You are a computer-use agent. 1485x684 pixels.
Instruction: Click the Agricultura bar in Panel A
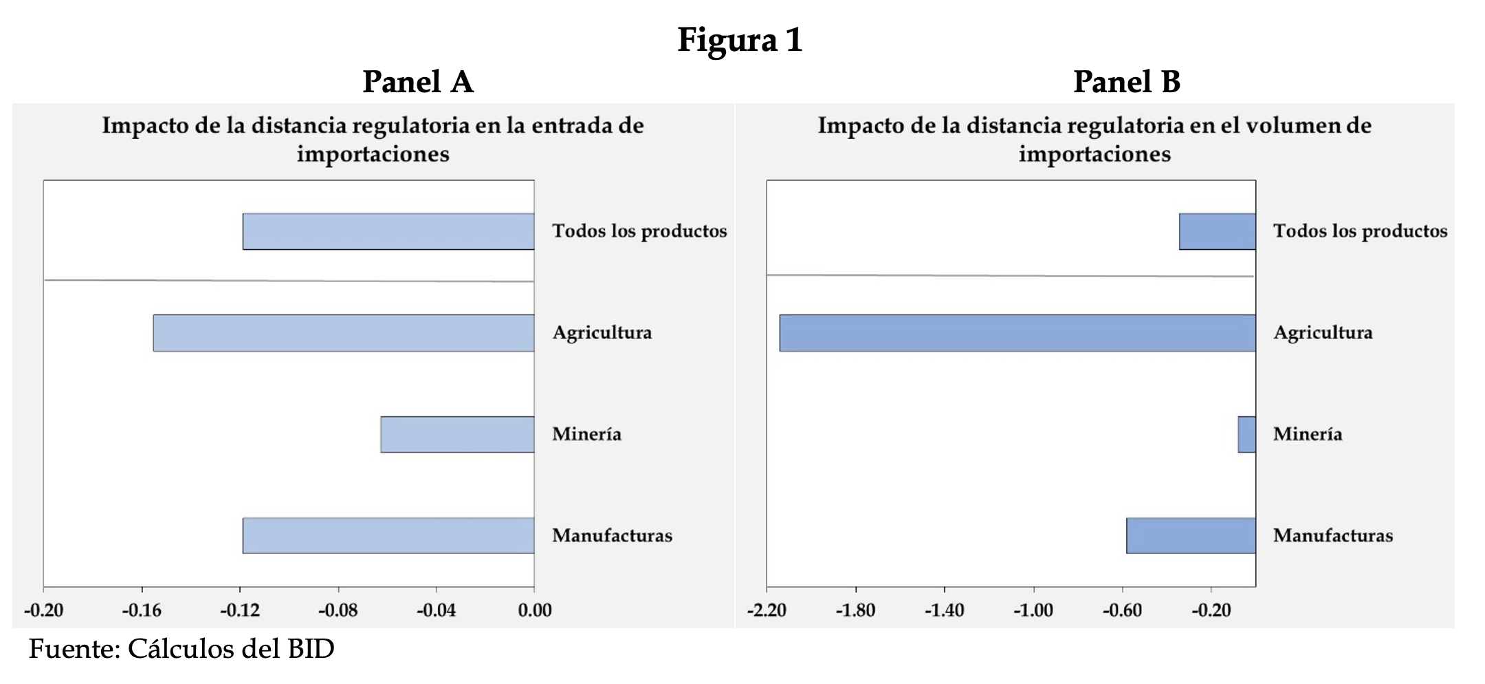click(344, 333)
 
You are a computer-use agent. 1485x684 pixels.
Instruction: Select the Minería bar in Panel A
click(457, 434)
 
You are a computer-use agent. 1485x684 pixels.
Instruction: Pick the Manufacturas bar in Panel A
click(388, 535)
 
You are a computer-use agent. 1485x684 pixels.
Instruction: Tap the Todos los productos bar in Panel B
click(1218, 231)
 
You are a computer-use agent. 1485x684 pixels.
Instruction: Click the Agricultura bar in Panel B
click(1017, 333)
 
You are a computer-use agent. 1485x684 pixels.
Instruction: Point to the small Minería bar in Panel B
click(1247, 434)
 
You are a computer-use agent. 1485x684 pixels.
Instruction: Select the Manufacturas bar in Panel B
click(1191, 535)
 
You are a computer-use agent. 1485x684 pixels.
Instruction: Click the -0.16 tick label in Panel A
click(142, 610)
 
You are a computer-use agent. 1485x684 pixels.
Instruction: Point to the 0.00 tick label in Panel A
click(535, 610)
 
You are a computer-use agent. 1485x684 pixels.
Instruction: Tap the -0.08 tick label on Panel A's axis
click(338, 610)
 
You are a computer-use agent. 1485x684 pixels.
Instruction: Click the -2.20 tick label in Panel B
click(767, 610)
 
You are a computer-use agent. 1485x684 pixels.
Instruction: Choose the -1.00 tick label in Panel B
click(1033, 610)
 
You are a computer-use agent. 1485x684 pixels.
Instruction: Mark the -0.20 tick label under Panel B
click(1211, 610)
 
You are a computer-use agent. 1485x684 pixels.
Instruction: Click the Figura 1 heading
click(740, 40)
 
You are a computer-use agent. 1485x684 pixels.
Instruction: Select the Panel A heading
click(418, 82)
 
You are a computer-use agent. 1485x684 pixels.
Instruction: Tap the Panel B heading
click(1127, 82)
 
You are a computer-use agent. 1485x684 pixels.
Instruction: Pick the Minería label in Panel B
click(1308, 434)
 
